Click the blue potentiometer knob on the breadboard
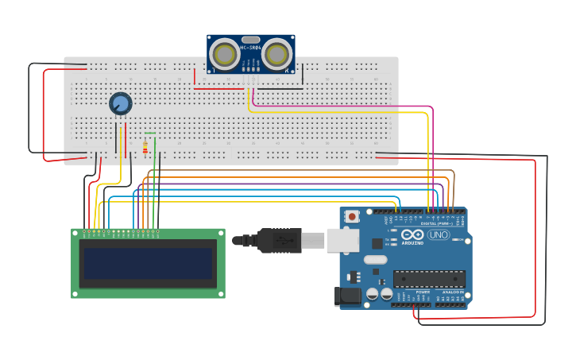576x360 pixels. click(120, 103)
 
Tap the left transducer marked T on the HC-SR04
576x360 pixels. click(225, 54)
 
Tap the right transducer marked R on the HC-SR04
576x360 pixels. click(276, 54)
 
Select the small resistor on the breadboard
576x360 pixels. click(145, 148)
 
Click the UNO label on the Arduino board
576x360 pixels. click(439, 234)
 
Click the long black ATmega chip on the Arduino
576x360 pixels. click(429, 279)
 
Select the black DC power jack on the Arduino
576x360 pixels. click(347, 296)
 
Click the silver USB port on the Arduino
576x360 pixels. click(343, 240)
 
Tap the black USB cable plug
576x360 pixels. click(274, 239)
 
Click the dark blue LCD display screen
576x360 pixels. click(148, 263)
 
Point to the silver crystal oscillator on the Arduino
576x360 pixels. click(375, 259)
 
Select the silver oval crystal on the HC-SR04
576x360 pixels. click(250, 39)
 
